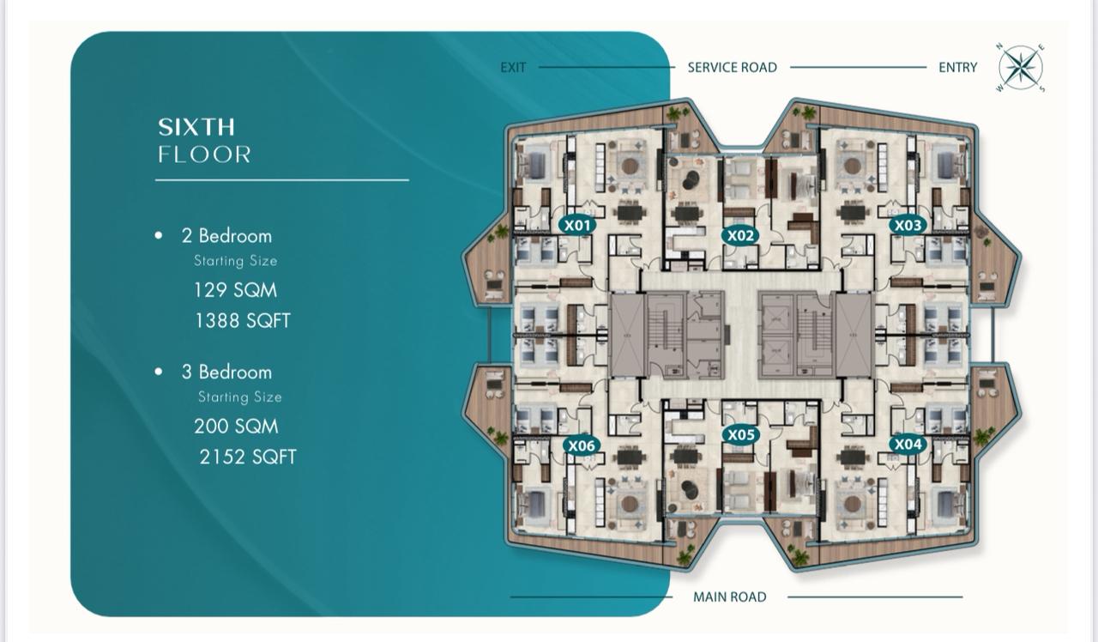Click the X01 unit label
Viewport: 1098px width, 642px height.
point(577,225)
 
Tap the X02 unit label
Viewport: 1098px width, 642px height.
point(740,236)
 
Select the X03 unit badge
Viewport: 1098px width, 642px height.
point(908,225)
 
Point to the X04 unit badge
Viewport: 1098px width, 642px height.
point(908,445)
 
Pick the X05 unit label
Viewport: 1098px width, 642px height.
point(740,435)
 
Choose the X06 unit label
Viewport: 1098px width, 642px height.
point(582,445)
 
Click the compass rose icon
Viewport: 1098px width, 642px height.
point(1021,68)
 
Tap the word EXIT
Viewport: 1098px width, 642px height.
point(513,68)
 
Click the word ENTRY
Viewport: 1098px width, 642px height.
point(958,68)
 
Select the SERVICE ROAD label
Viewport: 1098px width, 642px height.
point(733,68)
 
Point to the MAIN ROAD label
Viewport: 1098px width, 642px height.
point(730,597)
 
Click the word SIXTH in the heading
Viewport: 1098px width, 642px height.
point(196,128)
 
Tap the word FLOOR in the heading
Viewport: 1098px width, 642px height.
point(204,154)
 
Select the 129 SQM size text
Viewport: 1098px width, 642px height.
point(235,290)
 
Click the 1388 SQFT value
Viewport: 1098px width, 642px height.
point(243,321)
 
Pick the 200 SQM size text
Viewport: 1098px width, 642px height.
point(236,427)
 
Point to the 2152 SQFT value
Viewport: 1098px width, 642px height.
point(248,457)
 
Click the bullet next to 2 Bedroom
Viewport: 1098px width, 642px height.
point(159,235)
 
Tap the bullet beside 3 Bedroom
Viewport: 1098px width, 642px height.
point(159,372)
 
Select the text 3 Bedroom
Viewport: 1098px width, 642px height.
point(226,372)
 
